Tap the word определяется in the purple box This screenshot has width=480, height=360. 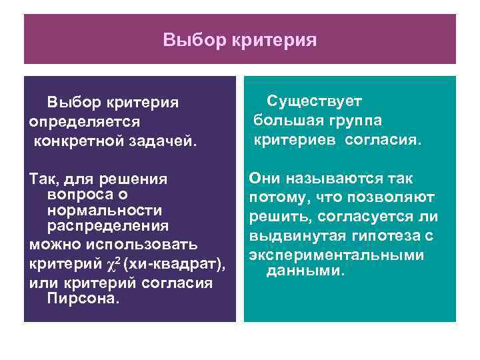point(85,123)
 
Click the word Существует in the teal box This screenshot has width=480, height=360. point(314,101)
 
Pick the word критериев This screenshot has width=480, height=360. point(296,140)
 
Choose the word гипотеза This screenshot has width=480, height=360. point(384,237)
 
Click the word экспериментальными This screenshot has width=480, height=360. point(336,256)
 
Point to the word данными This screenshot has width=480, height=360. point(305,271)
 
